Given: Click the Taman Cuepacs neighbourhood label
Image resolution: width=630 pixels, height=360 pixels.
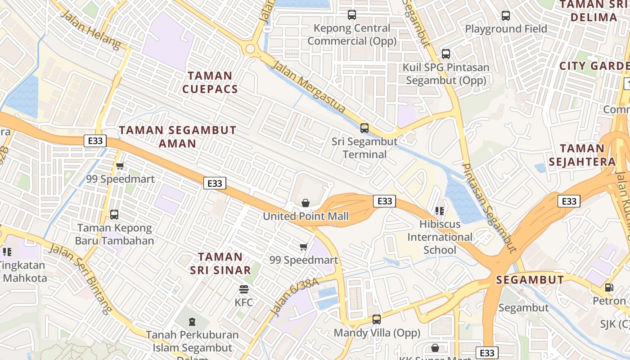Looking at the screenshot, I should tap(210, 82).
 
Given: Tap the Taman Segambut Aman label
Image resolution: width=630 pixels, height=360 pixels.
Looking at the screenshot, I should tap(178, 137).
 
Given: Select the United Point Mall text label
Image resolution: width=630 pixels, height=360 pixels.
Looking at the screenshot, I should tap(306, 216).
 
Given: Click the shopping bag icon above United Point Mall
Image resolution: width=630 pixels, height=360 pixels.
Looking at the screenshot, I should tap(306, 203).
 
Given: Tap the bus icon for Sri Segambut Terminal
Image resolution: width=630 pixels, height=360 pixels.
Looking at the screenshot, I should tap(364, 128).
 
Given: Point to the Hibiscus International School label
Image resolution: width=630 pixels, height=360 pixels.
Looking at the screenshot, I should tap(440, 237).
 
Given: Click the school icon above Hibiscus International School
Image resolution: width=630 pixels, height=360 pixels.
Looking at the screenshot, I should tap(440, 211).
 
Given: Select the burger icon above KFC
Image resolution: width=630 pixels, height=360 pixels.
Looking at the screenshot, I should tap(244, 289).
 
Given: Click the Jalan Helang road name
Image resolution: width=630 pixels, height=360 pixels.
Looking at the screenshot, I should tap(90, 30).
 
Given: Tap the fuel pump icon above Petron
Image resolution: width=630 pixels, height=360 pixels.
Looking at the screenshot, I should tap(609, 287).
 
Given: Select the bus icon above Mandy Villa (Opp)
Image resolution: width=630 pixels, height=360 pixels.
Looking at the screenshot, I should tap(377, 319).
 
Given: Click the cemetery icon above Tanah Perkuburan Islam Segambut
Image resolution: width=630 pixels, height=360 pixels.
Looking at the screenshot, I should tap(192, 322).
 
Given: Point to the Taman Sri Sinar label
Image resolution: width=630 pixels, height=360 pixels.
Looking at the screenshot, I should tap(220, 263).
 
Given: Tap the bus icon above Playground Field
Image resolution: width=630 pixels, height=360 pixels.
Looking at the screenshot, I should tap(506, 16).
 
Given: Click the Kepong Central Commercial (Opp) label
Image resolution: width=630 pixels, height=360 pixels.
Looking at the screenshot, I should tap(352, 35).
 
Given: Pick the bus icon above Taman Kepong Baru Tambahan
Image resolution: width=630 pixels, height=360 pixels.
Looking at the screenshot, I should tap(114, 215).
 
